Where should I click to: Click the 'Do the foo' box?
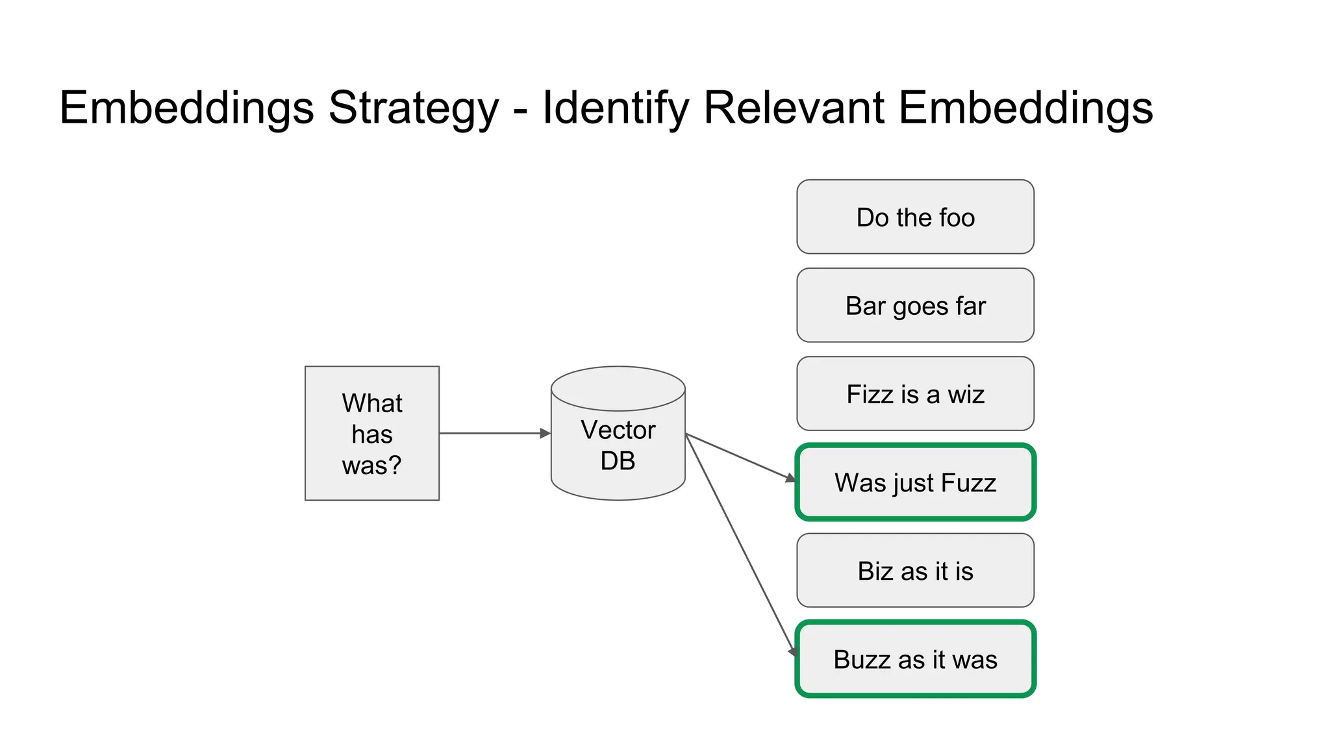point(914,217)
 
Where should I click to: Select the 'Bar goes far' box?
point(914,305)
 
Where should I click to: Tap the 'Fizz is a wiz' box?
point(914,393)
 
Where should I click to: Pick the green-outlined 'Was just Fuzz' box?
point(914,482)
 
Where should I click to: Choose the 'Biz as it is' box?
point(914,571)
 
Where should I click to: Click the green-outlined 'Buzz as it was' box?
point(914,659)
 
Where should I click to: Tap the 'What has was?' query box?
point(372,433)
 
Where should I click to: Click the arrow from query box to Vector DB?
point(494,433)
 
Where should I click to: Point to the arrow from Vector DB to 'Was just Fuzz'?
point(740,457)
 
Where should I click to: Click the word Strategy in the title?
point(414,108)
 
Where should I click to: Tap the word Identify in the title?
point(615,108)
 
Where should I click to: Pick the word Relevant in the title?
point(794,108)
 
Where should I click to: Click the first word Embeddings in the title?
point(187,108)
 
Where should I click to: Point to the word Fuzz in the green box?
point(968,482)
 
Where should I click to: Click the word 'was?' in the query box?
point(372,465)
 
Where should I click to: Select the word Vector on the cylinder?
point(618,430)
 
